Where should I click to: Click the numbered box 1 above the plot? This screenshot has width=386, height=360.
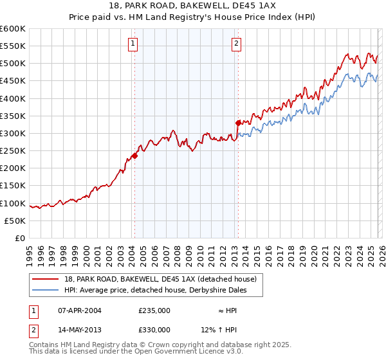pos(133,44)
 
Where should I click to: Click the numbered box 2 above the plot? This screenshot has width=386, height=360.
pos(236,44)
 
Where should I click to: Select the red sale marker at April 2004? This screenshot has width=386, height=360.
pos(134,156)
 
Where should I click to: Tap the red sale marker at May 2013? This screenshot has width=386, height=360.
pos(238,123)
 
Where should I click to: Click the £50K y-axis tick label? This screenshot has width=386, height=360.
pos(15,221)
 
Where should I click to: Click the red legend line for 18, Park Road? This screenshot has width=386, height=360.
pos(46,279)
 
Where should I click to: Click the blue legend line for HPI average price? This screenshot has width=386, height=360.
pos(46,290)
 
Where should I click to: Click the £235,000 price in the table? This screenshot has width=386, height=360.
pos(154,310)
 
